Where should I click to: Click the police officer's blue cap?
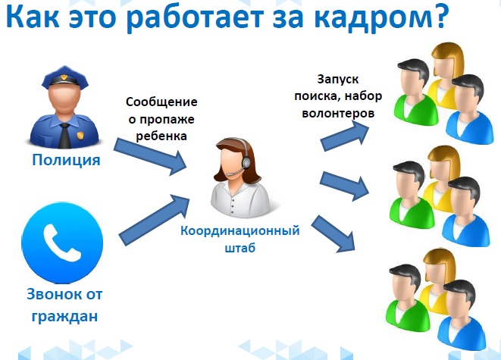coord(65,77)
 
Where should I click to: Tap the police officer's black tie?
coord(65,136)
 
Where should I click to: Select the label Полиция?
coord(66,160)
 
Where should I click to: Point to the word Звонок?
coord(52,294)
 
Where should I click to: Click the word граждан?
coord(64,317)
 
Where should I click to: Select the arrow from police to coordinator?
coord(150,157)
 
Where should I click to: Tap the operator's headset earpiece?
coord(246,163)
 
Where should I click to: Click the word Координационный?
coord(240,230)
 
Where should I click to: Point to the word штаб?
coord(240,248)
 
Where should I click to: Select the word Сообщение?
coord(161,102)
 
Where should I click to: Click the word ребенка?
coord(161,136)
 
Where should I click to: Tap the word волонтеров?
coord(338,114)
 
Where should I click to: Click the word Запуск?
coord(338,80)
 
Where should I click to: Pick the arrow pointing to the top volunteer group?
coord(345,136)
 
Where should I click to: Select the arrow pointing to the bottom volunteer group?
coord(333,234)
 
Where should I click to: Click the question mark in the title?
coord(437,16)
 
